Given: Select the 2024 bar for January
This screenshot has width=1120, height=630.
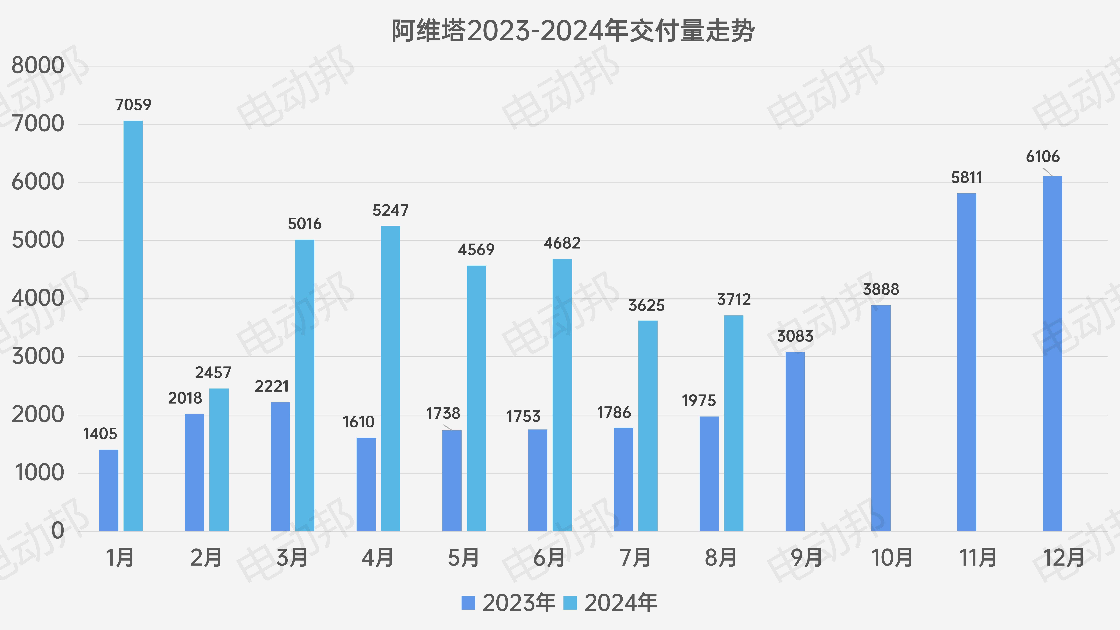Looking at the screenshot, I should pyautogui.click(x=133, y=326).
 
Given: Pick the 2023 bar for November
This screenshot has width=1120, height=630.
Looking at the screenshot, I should pyautogui.click(x=967, y=362).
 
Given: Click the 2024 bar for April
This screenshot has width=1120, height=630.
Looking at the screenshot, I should pyautogui.click(x=390, y=378).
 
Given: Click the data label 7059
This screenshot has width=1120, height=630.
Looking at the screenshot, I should pyautogui.click(x=133, y=105).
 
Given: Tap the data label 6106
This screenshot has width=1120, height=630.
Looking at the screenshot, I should pyautogui.click(x=1043, y=156).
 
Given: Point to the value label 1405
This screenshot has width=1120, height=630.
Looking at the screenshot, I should pyautogui.click(x=100, y=433).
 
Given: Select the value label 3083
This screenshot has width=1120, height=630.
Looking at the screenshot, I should pyautogui.click(x=795, y=336).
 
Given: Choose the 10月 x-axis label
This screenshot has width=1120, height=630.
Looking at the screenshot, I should pyautogui.click(x=892, y=558).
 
